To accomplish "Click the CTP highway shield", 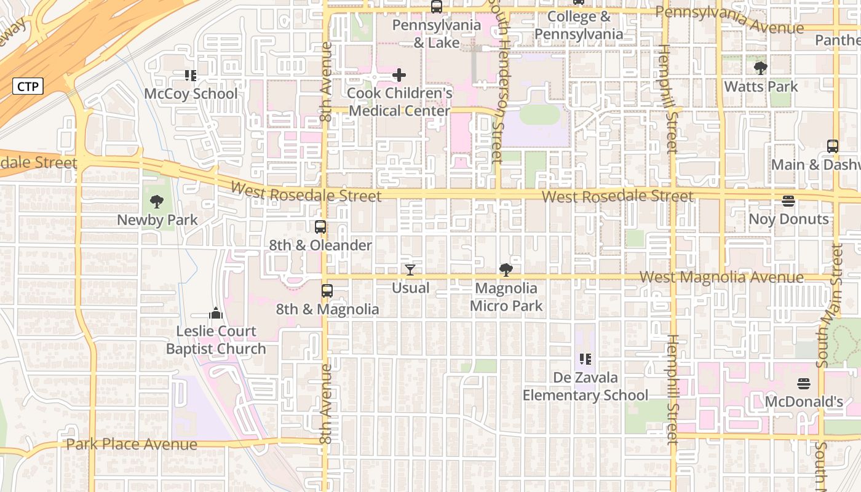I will pos(28,87).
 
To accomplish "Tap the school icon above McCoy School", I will pos(191,76).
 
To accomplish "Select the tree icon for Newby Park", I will pos(157,201).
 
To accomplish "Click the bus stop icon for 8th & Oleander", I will pos(320,227).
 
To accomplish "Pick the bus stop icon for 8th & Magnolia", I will pos(327,291).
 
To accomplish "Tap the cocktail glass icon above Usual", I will pos(410,270).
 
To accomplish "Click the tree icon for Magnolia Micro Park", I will pos(506,269).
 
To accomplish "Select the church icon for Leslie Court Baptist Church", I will pos(215,313).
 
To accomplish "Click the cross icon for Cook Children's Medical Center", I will pos(399,76).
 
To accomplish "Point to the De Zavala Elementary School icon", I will pos(585,359).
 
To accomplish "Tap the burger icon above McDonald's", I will pos(803,384).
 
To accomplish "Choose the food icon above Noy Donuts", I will pos(788,201).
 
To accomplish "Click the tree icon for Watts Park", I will pos(761,68).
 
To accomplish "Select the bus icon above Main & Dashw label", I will pos(833,146).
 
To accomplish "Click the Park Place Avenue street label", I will pos(132,444).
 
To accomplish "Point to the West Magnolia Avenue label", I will pos(721,277).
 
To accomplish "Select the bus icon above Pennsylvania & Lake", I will pos(437,7).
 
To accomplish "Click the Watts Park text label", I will pos(761,87).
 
